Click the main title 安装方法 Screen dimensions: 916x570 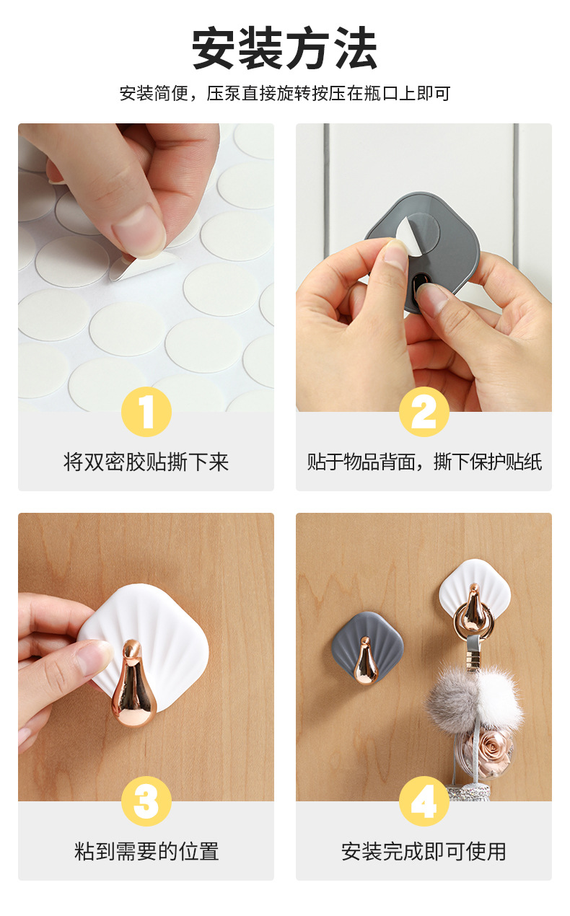(284, 49)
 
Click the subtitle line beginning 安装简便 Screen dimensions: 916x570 (284, 94)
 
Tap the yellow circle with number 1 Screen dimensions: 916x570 (146, 412)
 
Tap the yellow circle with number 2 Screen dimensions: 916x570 (424, 412)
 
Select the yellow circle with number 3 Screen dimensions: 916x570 (146, 801)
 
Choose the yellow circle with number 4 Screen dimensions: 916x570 (424, 801)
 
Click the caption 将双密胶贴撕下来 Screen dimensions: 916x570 (146, 462)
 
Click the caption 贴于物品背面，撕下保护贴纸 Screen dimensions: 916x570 (424, 462)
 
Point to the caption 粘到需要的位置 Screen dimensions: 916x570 (146, 852)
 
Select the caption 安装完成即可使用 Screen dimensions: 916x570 (424, 852)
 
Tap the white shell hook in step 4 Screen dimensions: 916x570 (474, 596)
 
